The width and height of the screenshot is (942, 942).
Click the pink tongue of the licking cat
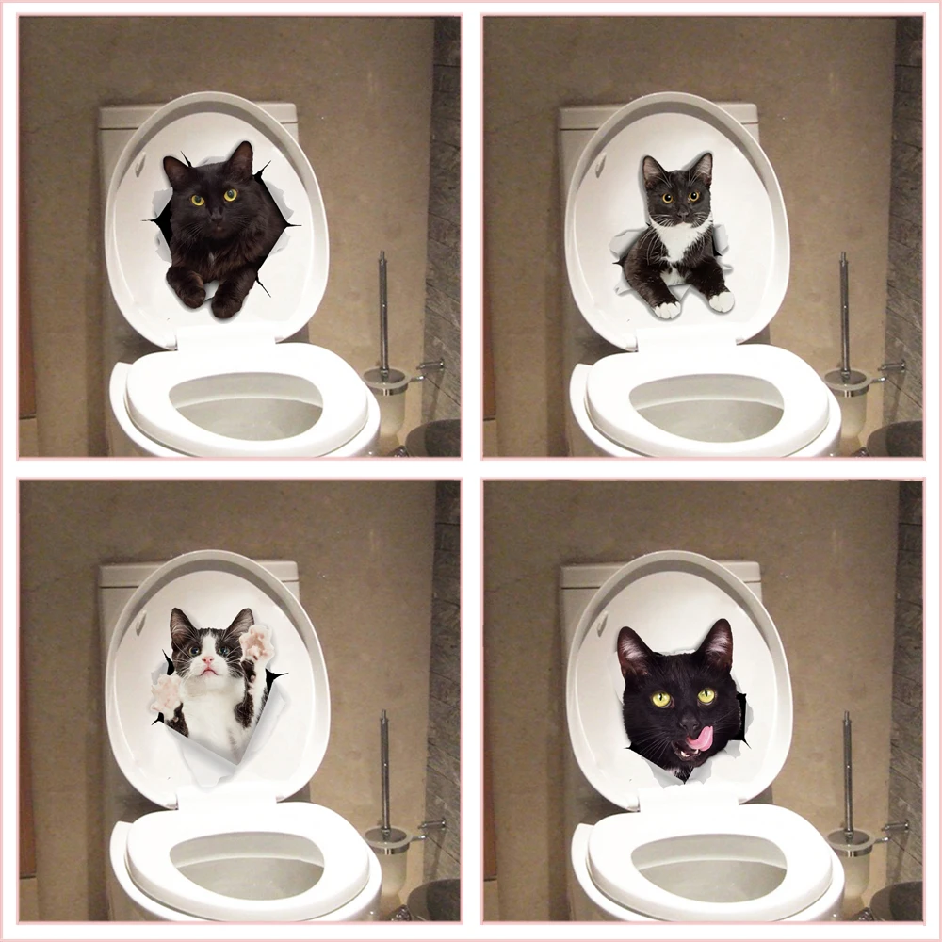click(700, 739)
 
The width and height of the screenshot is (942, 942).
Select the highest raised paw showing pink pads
click(255, 643)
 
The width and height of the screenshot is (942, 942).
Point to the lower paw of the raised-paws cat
click(165, 694)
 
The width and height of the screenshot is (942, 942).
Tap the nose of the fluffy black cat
click(215, 214)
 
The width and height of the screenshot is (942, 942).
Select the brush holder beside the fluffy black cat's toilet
click(386, 396)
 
